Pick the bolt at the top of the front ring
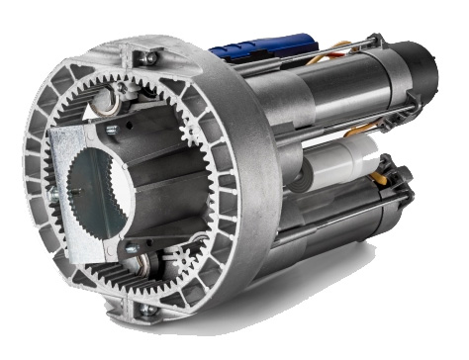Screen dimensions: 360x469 click(148, 58)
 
